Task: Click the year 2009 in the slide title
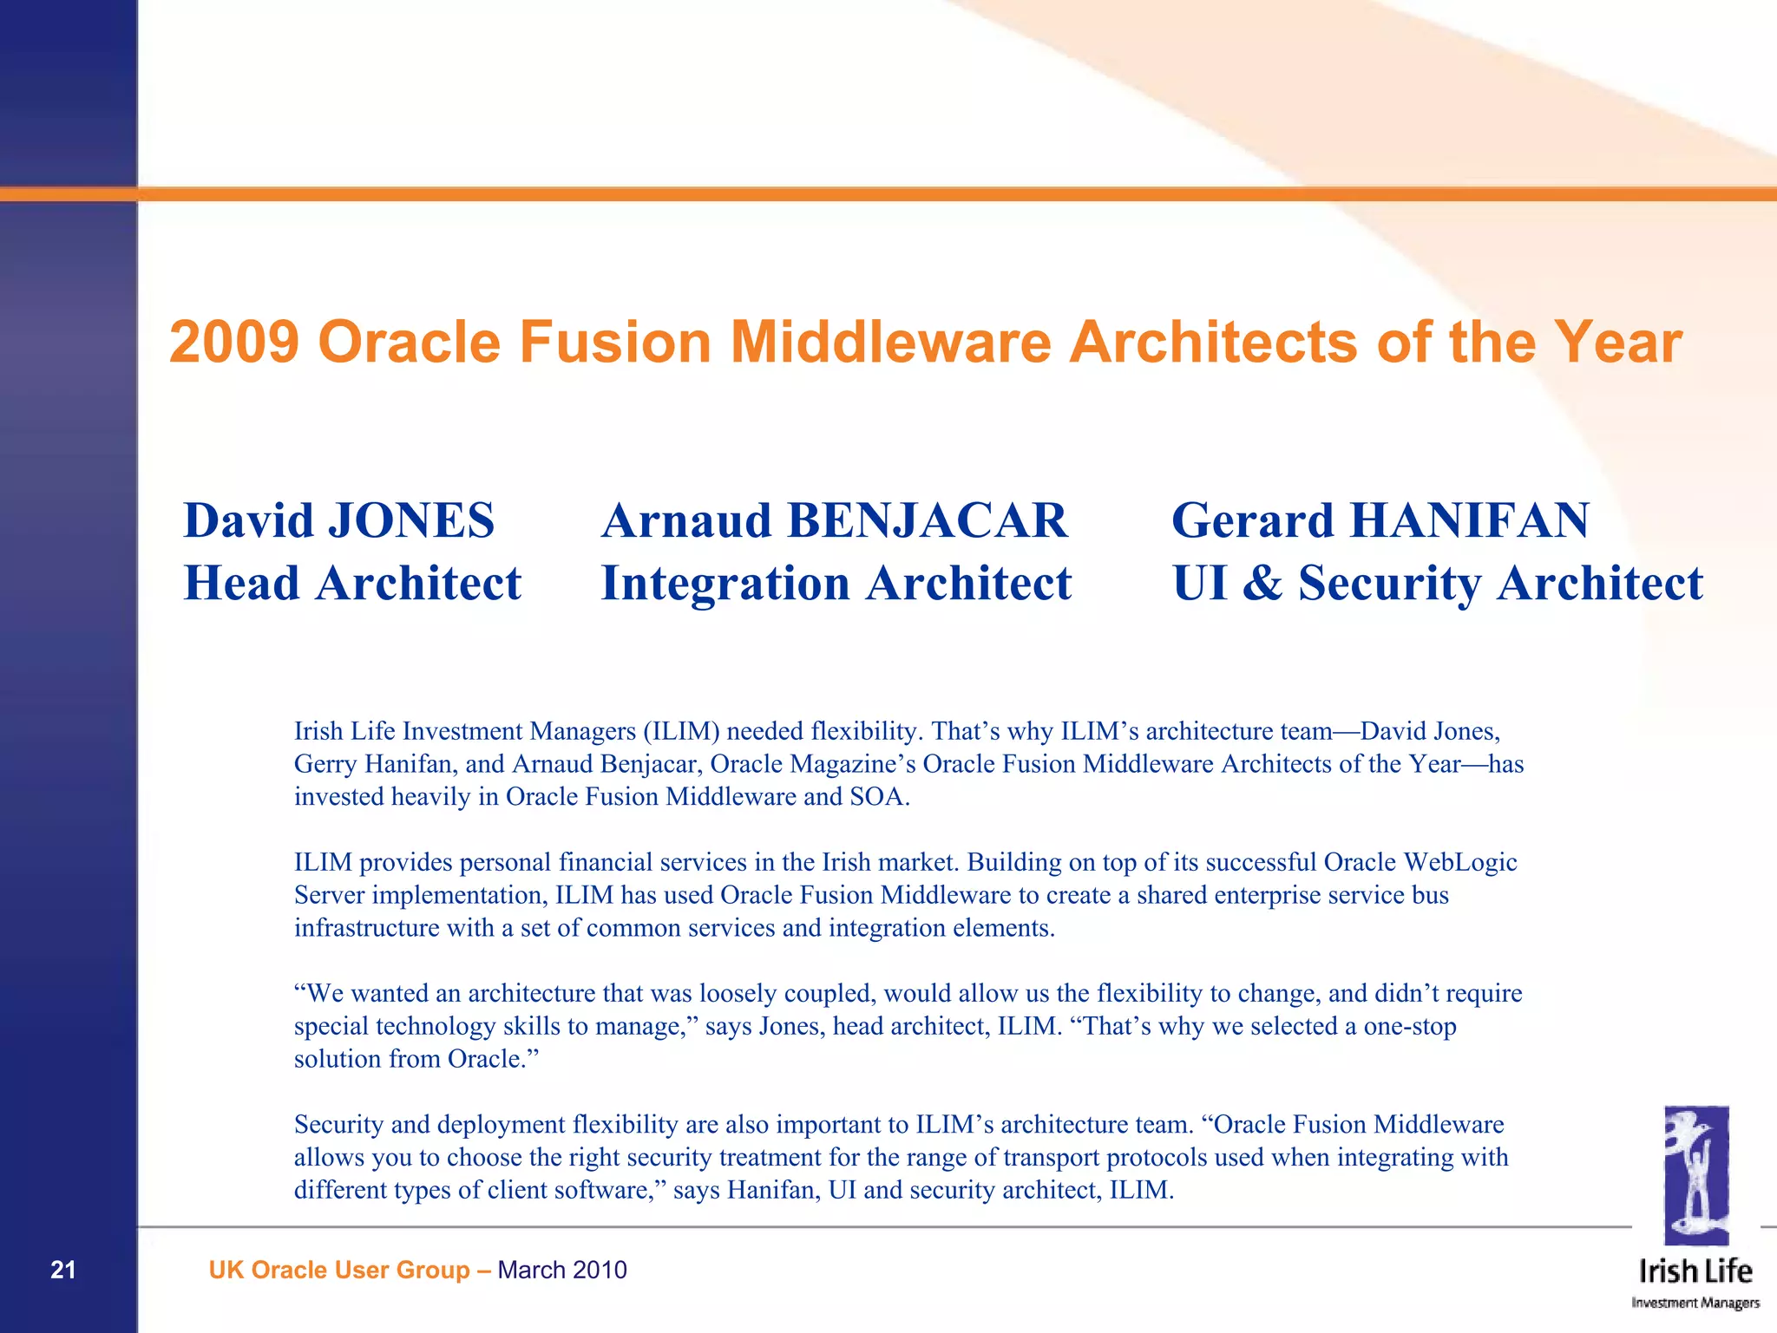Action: pos(234,342)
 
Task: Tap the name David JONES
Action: pos(338,520)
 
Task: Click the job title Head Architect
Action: pos(352,583)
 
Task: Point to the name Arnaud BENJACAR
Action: pos(834,520)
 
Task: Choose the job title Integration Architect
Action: pos(836,583)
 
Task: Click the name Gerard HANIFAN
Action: pos(1380,520)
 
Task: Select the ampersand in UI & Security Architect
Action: pos(1262,583)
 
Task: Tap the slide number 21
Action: pos(63,1270)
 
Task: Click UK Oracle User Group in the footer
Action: pos(339,1270)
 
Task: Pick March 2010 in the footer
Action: pos(562,1270)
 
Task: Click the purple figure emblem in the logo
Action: pos(1696,1175)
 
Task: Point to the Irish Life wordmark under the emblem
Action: pos(1695,1271)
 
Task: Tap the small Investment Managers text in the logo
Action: pos(1695,1303)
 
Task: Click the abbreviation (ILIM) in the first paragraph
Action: pos(681,731)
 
